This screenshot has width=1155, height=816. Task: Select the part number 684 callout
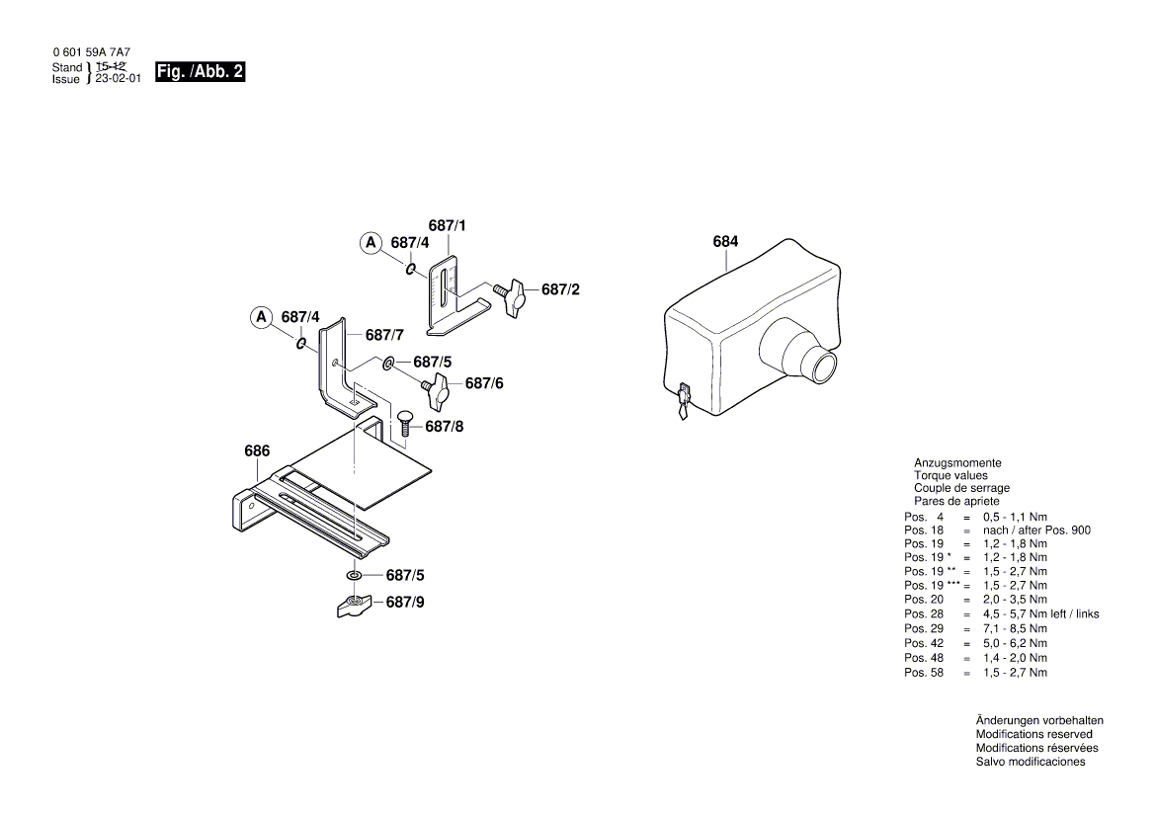click(x=725, y=242)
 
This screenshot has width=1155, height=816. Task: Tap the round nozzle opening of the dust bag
click(x=820, y=367)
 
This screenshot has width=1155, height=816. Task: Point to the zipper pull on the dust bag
click(x=683, y=403)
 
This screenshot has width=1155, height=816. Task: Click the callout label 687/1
click(x=447, y=226)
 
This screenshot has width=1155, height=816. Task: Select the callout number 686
click(x=257, y=451)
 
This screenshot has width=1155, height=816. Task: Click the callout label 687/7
click(x=384, y=336)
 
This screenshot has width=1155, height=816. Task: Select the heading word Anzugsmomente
click(x=957, y=462)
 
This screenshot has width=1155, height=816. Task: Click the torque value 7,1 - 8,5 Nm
click(x=1015, y=628)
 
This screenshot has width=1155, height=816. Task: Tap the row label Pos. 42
click(x=924, y=643)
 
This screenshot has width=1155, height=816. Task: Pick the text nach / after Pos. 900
click(x=1036, y=530)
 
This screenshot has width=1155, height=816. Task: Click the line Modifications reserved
click(x=1033, y=734)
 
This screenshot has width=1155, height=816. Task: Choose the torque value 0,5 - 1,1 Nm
click(x=1015, y=517)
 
